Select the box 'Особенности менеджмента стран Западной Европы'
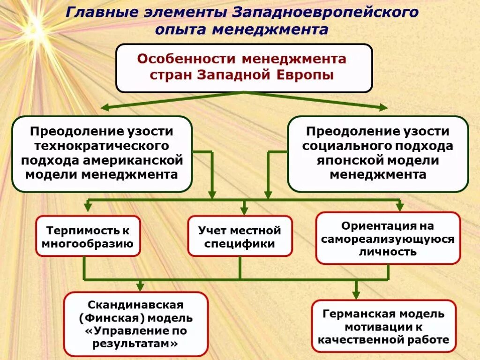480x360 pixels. [x=244, y=67]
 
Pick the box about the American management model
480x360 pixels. [x=102, y=154]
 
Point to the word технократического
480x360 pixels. [x=102, y=146]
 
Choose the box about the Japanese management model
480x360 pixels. [x=378, y=154]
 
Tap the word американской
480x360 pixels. [x=133, y=161]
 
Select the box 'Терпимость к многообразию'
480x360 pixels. [x=88, y=237]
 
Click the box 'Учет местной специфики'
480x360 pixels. [x=240, y=237]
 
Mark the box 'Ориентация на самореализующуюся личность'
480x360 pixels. [x=388, y=239]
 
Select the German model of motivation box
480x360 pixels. [x=383, y=326]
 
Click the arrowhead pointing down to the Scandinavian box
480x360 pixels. [x=139, y=287]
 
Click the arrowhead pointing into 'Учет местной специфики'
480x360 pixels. [x=244, y=211]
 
